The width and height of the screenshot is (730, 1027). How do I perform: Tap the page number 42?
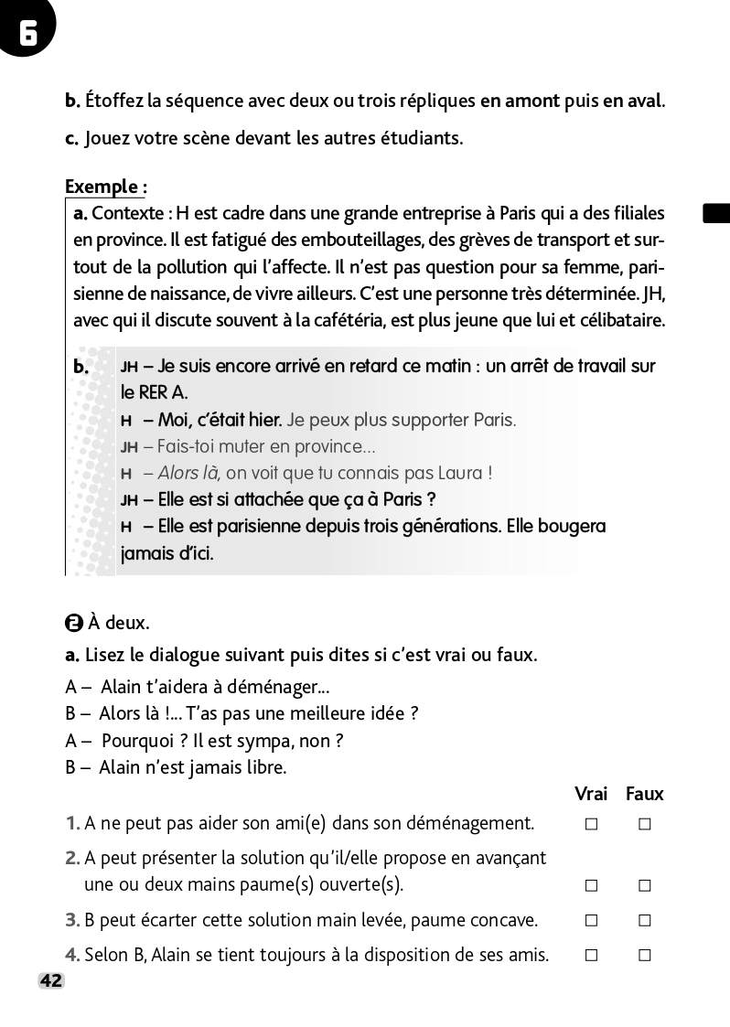(x=51, y=981)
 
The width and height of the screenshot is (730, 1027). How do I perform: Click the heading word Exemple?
(x=102, y=187)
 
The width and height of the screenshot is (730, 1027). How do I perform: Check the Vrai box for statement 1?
(x=591, y=824)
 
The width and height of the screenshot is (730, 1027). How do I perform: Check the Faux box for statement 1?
(x=645, y=824)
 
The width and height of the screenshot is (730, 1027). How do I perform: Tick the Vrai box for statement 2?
(x=591, y=885)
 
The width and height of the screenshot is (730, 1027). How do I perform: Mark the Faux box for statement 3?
(x=645, y=920)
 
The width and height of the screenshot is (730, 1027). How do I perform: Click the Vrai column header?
(x=591, y=794)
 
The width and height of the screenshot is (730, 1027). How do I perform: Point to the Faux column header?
(x=645, y=794)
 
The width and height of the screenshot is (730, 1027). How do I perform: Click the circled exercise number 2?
(x=74, y=624)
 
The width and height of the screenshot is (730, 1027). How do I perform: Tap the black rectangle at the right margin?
(x=716, y=214)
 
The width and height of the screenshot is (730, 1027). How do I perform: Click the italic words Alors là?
(x=188, y=473)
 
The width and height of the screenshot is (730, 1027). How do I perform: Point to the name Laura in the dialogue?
(x=464, y=473)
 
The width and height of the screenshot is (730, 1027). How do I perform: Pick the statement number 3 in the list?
(x=72, y=920)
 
